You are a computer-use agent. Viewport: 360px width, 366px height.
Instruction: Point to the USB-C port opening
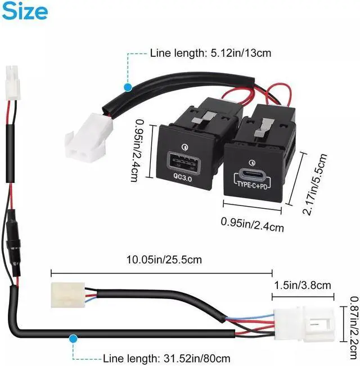[256, 172]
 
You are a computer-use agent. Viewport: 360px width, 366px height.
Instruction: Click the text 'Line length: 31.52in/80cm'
[167, 358]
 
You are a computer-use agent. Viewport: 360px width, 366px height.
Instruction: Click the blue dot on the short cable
[128, 88]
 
